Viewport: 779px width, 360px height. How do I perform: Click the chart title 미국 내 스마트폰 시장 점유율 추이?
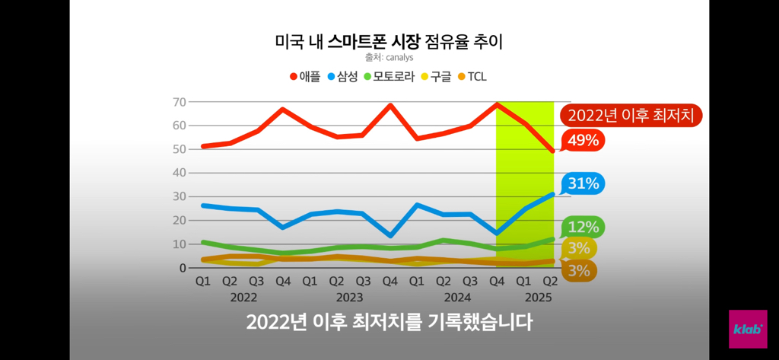click(389, 42)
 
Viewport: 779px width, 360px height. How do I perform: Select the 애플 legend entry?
click(305, 76)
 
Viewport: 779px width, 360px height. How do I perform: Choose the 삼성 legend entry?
click(342, 76)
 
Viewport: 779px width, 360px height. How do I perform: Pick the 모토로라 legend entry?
click(388, 76)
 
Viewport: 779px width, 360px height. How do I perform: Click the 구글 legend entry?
click(436, 76)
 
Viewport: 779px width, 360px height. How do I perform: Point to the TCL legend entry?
click(472, 76)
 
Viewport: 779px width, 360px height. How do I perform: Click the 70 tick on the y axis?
click(180, 102)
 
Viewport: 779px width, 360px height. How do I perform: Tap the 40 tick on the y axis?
click(180, 173)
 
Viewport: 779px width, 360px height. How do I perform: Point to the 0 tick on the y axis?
click(183, 268)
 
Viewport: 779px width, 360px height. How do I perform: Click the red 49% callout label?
click(583, 140)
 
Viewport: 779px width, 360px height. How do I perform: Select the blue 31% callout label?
click(583, 183)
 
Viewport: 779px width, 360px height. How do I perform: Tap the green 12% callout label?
click(583, 227)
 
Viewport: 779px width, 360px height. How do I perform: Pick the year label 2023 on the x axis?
click(349, 297)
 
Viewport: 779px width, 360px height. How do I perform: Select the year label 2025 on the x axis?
click(537, 297)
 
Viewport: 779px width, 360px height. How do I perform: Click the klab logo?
click(748, 329)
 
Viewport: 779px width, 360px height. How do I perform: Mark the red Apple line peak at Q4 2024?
click(496, 104)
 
